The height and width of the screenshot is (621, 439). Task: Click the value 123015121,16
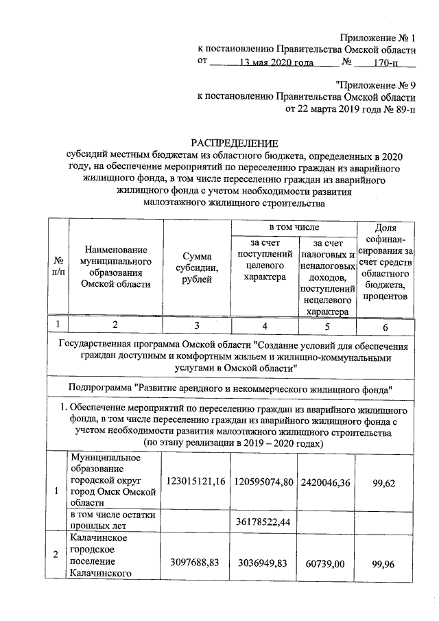coord(195,484)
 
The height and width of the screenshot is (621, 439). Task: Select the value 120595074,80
coord(263,484)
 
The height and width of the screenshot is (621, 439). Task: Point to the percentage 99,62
coord(385,484)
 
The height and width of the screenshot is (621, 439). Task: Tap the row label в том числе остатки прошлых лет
coord(112,520)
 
